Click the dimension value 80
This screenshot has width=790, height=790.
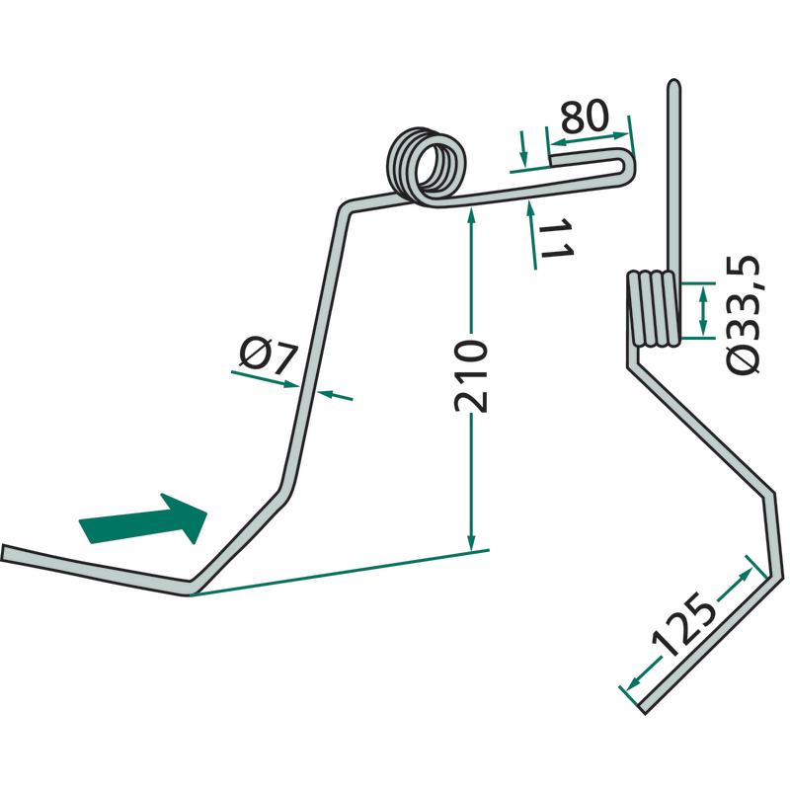pos(584,118)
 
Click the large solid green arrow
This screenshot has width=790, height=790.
pos(146,520)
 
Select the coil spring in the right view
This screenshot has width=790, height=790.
pos(654,309)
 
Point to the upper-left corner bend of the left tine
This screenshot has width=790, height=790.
pos(344,207)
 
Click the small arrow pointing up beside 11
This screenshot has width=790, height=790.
pos(530,206)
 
